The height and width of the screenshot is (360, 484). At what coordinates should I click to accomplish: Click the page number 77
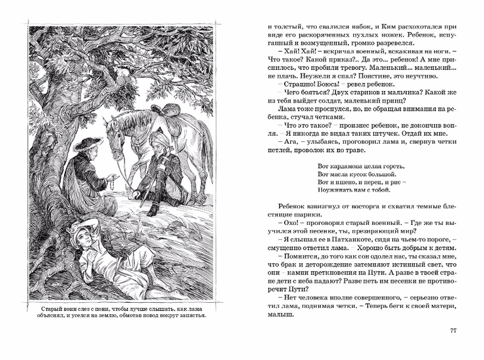coord(454,332)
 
